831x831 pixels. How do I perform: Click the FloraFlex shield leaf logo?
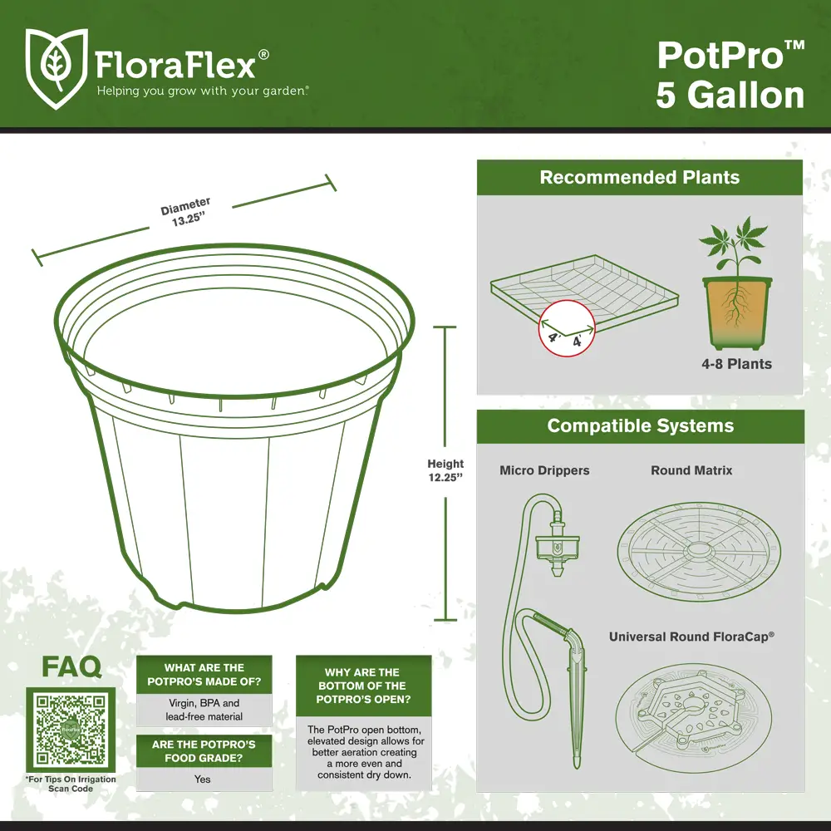57,68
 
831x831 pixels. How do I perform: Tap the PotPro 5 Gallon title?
730,75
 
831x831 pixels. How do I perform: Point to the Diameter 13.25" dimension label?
186,212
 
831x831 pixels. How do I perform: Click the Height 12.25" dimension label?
445,470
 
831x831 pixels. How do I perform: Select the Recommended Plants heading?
640,177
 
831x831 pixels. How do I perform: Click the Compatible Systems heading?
640,425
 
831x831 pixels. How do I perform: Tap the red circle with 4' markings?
567,328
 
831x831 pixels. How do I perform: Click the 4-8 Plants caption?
736,364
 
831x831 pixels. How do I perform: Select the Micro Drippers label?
544,470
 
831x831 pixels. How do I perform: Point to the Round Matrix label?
691,470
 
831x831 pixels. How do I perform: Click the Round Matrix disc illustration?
699,552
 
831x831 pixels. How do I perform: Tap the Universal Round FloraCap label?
691,637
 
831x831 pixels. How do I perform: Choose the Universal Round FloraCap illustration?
694,718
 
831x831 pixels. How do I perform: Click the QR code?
71,730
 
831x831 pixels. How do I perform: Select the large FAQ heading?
71,666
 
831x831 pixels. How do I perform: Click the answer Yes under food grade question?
203,779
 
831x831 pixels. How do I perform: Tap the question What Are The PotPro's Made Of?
204,675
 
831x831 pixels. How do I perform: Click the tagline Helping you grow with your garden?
202,91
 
